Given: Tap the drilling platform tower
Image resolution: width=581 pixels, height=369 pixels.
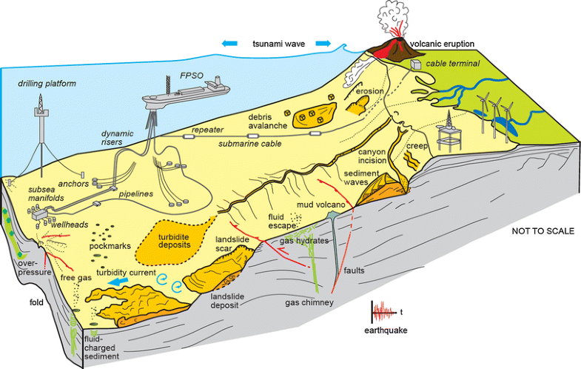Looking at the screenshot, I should click(39, 122).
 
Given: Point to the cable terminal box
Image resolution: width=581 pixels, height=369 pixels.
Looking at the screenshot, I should click(419, 64).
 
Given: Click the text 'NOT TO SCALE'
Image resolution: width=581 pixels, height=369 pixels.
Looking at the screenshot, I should click(543, 231).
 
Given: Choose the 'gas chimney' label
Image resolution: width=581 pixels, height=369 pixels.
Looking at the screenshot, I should click(309, 302).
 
